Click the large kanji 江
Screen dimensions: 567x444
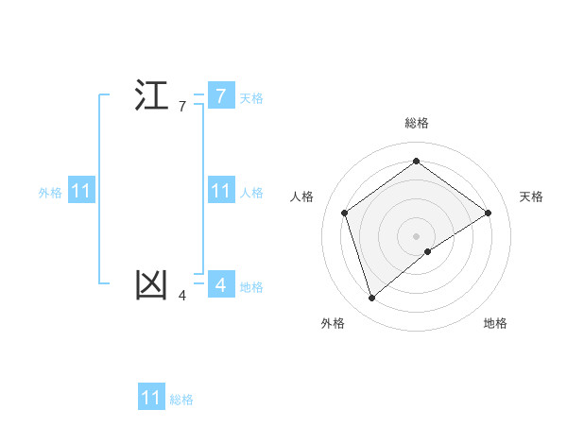[x=151, y=96]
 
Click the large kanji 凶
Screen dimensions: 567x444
[x=151, y=284]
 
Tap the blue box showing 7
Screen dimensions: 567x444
[x=220, y=95]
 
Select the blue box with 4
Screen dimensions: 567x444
[x=220, y=284]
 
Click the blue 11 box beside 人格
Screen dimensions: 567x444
[x=220, y=191]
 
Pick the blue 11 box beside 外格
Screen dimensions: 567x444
[x=80, y=191]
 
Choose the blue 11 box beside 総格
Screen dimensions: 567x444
[x=151, y=398]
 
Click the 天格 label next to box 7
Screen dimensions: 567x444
[x=251, y=97]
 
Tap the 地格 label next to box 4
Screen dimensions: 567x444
[x=251, y=287]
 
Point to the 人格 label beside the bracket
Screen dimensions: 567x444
[x=251, y=193]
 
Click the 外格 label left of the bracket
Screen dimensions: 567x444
[x=50, y=193]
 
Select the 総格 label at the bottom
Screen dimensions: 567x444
[x=181, y=401]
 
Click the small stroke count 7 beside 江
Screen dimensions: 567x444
[x=182, y=107]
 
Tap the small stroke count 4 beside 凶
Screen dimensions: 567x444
[x=182, y=296]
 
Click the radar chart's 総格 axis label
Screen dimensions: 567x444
[x=417, y=123]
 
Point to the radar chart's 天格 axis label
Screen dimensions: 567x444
[x=531, y=196]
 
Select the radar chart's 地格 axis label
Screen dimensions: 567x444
[x=495, y=323]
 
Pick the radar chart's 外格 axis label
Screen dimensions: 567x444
[x=333, y=323]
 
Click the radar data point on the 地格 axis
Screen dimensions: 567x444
[x=428, y=250]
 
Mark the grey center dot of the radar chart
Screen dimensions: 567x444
[x=416, y=235]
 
